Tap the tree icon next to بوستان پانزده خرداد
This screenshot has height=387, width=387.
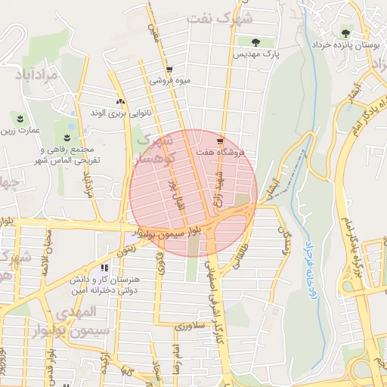point(345,33)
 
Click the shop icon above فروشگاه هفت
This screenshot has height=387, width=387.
point(219,141)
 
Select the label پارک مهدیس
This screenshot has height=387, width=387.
point(256,55)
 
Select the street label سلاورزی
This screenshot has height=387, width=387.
point(190,326)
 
